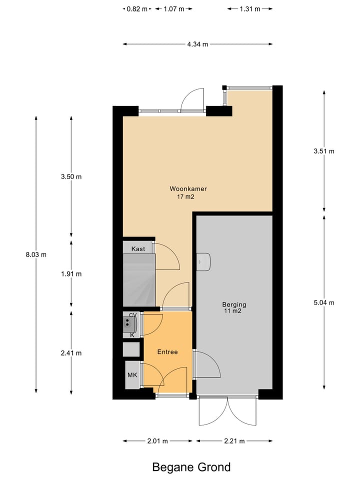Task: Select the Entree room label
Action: (x=167, y=352)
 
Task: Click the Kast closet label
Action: (x=138, y=248)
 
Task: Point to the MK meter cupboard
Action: (x=132, y=375)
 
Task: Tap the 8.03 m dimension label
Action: (x=36, y=254)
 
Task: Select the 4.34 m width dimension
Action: (x=197, y=44)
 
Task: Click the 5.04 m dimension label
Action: (x=324, y=302)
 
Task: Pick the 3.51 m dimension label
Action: (x=324, y=151)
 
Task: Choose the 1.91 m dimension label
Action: (x=71, y=273)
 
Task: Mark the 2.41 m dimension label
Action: (x=71, y=352)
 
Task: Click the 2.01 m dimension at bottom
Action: (x=157, y=441)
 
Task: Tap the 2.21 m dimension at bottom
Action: (x=234, y=441)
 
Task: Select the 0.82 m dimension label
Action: (x=137, y=9)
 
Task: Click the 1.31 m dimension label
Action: (x=249, y=9)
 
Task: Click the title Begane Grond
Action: (x=191, y=467)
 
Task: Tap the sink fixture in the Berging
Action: (x=204, y=261)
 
